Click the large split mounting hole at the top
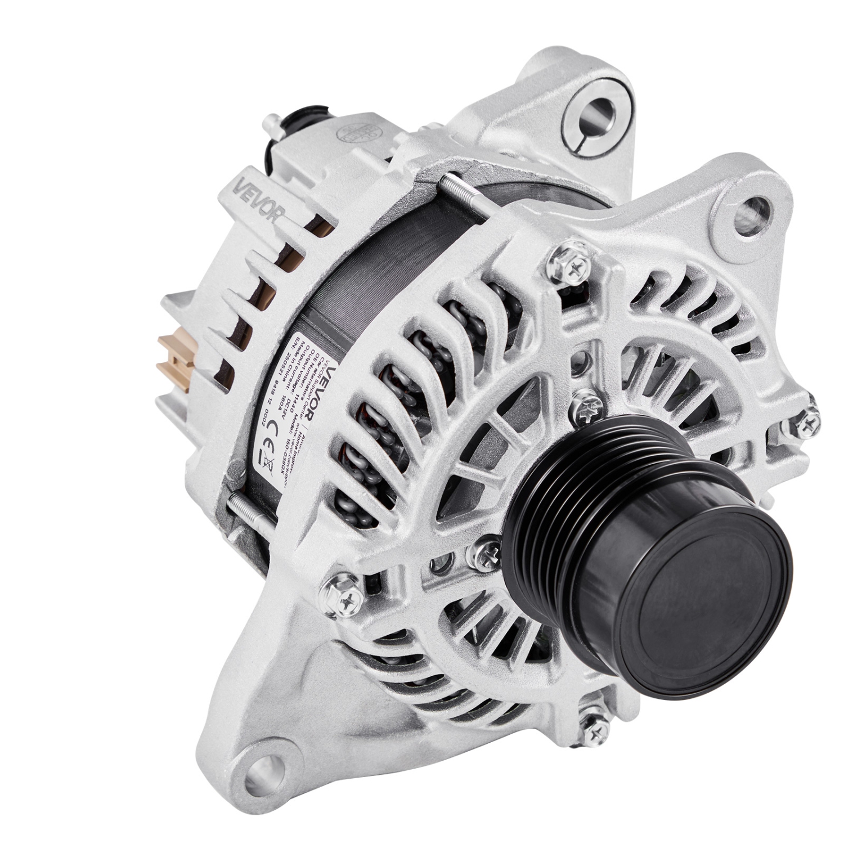tap(589, 115)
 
